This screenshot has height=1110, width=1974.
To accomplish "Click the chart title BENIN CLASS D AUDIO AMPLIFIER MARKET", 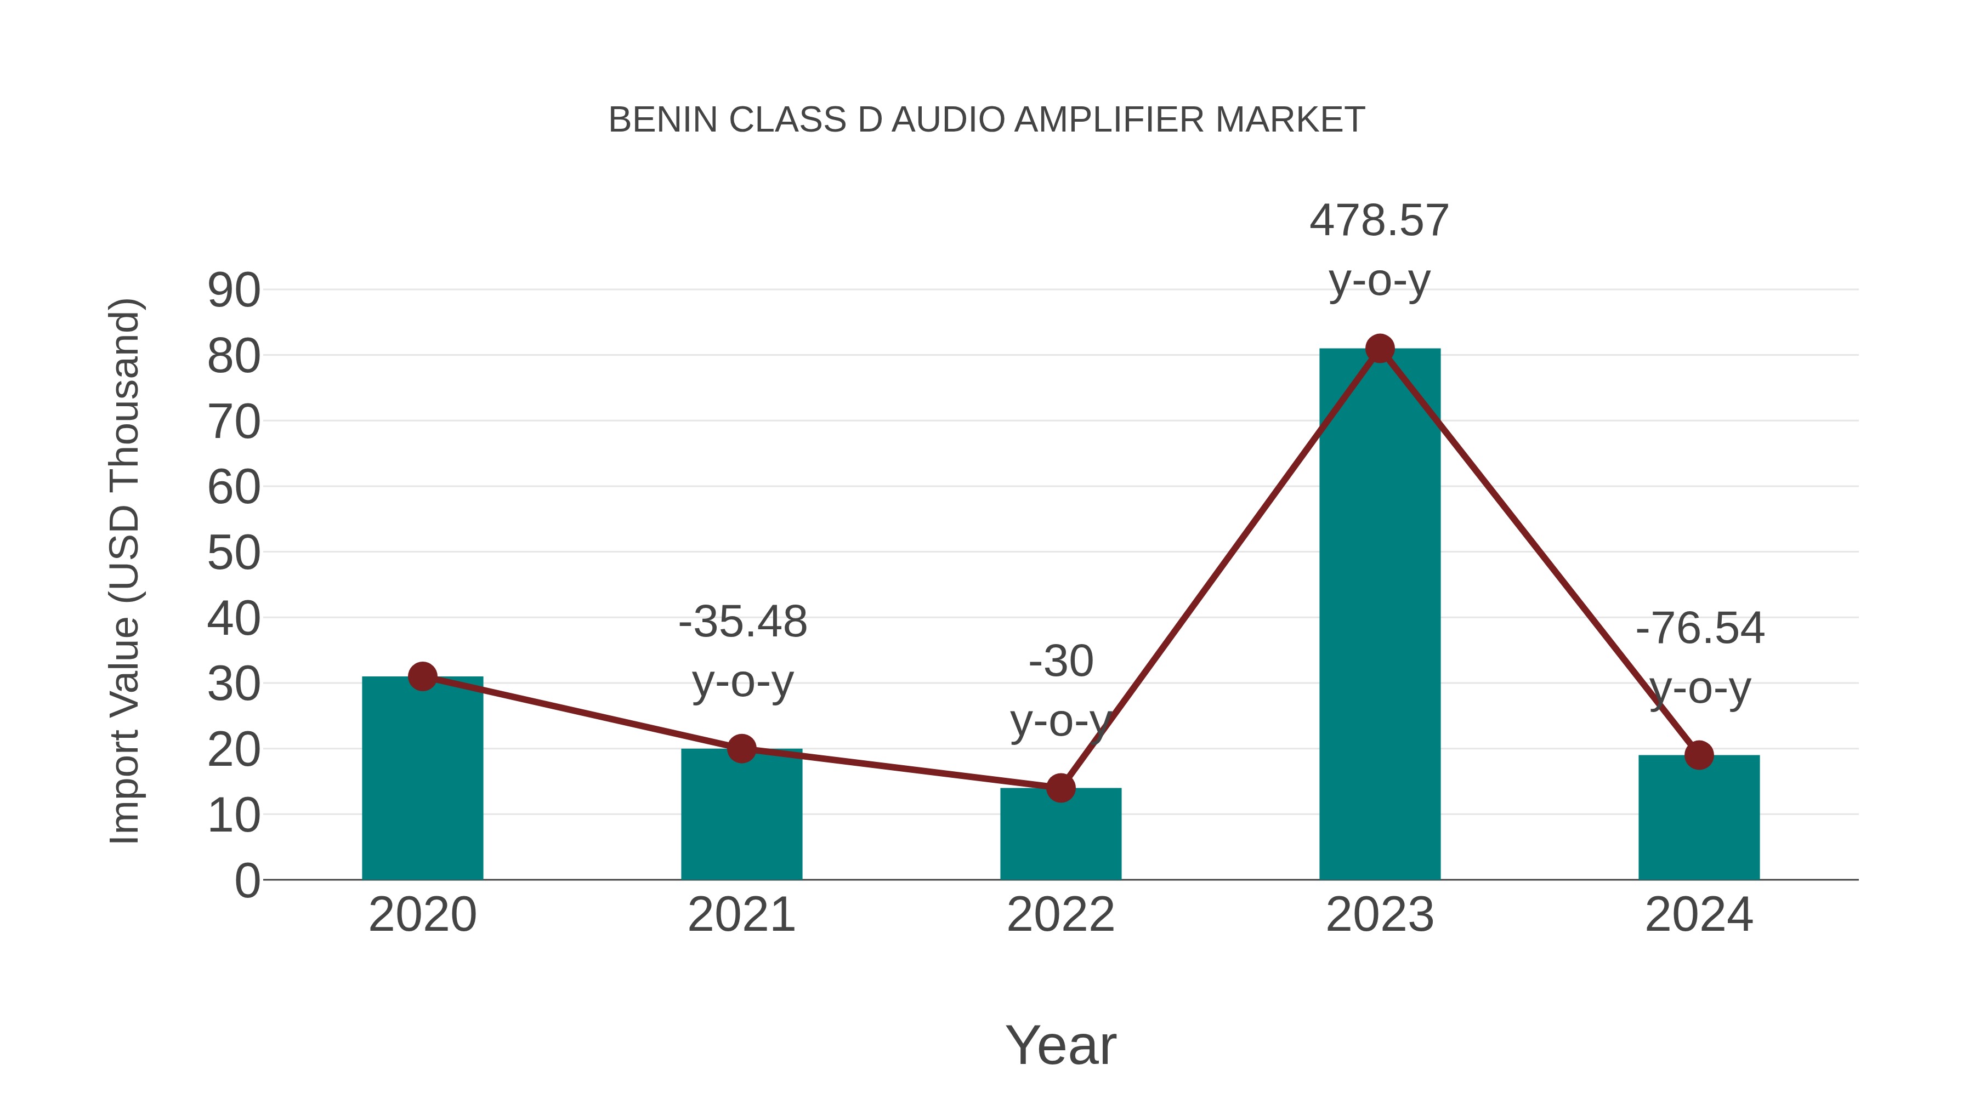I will [986, 120].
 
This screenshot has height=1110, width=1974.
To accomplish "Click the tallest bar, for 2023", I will [1380, 613].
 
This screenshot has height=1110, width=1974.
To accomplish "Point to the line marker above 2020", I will [422, 676].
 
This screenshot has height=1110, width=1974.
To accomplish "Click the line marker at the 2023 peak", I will [1380, 349].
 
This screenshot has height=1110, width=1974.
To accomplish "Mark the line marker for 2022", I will [1060, 788].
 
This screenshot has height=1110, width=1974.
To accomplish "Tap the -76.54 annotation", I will [1700, 628].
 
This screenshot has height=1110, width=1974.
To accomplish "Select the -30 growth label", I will [1060, 661].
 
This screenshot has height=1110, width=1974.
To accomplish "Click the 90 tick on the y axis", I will [234, 291].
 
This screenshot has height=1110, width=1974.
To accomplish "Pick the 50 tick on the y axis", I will [234, 553].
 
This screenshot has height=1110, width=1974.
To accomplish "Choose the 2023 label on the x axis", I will [1380, 915].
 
